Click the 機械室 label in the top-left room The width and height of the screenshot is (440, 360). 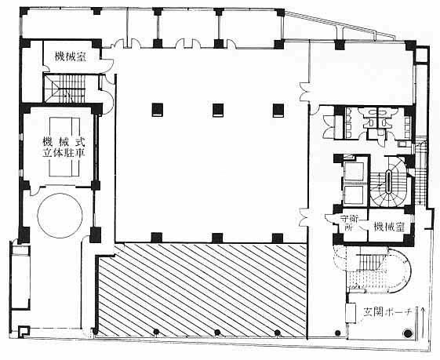pos(71,56)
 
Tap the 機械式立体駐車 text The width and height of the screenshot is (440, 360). pos(64,147)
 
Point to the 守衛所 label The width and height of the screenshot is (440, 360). pos(350,223)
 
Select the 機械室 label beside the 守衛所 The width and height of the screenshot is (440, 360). pos(389,226)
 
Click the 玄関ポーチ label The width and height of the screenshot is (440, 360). pos(387,312)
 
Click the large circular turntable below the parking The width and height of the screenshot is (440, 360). pos(60,215)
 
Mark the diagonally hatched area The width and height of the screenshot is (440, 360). pos(202,290)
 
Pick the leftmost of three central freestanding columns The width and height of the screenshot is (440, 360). pos(158,110)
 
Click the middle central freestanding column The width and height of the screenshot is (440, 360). pos(218,110)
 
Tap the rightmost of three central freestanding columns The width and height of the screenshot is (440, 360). pos(278,110)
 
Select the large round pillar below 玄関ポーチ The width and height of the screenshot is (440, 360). pos(408,333)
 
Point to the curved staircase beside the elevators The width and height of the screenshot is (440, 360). pos(389,183)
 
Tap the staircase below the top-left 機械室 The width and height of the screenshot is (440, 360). pos(64,88)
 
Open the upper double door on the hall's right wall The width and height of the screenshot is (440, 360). pos(304,92)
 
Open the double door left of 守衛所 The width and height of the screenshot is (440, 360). pos(304,217)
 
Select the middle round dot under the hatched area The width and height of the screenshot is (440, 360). pos(217,333)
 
